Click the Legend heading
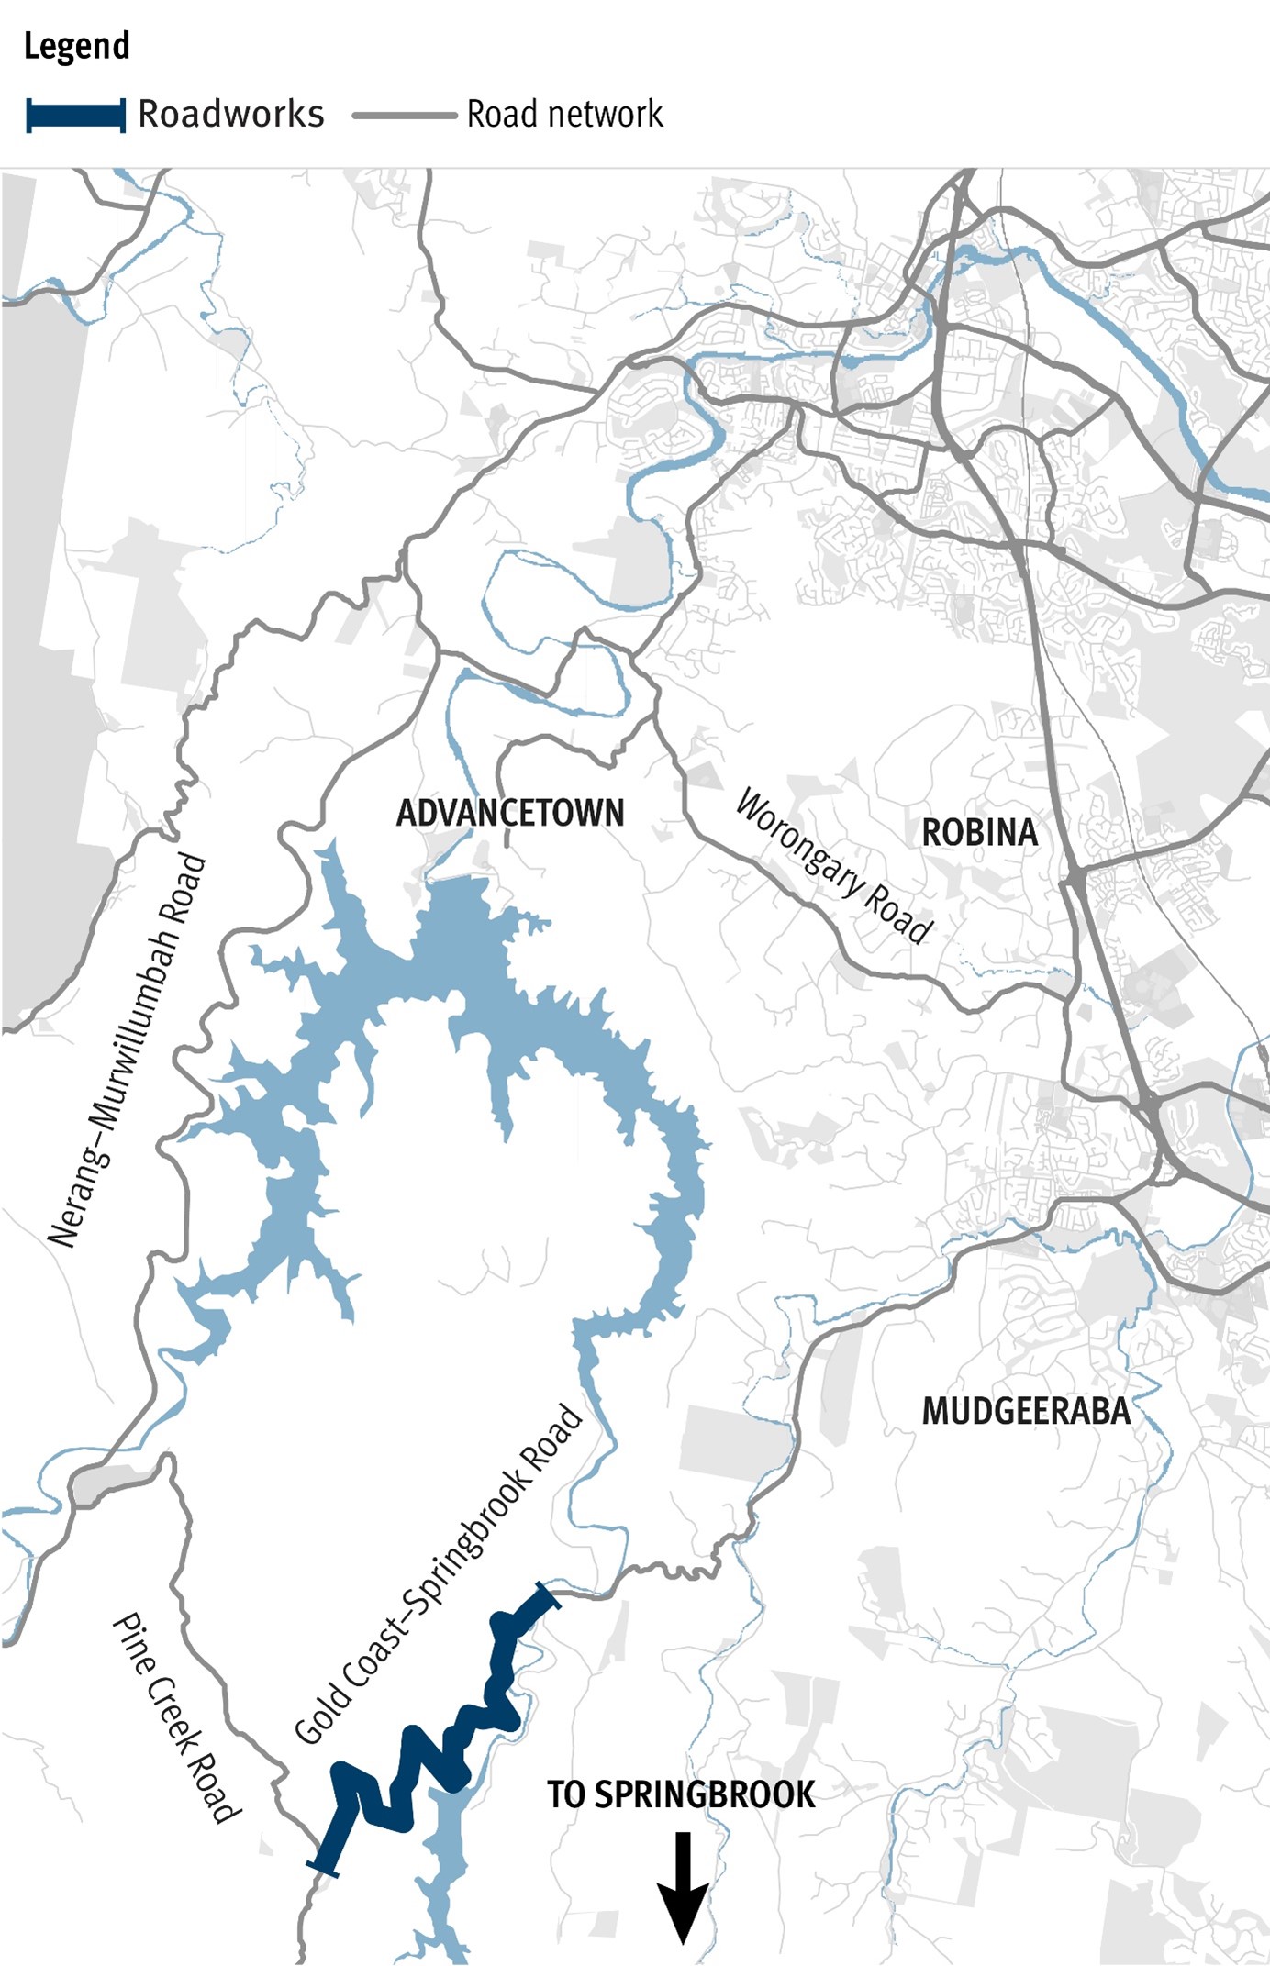76,46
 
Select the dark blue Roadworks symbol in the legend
76,116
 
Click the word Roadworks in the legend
230,115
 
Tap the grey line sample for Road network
404,116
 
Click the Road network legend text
564,115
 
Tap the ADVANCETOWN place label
510,813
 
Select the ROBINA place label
979,833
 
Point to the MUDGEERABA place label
1026,1411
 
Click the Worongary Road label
833,866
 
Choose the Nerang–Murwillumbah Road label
128,1050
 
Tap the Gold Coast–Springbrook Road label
439,1574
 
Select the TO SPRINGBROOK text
681,1794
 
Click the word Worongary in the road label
799,840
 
